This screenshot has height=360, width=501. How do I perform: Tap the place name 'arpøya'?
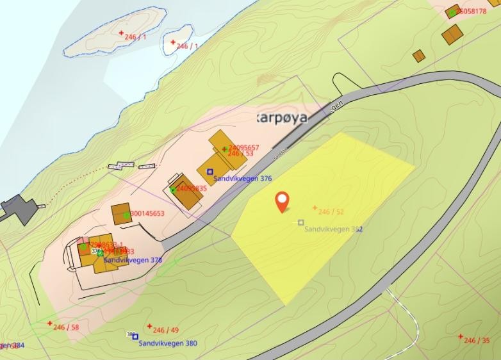(282, 118)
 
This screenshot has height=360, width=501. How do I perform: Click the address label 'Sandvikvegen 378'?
(133, 260)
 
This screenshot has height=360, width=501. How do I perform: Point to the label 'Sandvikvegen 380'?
(168, 343)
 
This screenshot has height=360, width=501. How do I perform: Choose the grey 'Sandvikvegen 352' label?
(334, 229)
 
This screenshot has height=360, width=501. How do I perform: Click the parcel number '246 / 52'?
(331, 211)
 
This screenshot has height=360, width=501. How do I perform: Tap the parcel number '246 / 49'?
(166, 330)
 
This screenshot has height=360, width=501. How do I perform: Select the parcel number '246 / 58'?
(66, 327)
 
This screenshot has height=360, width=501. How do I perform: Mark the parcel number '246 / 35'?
(477, 340)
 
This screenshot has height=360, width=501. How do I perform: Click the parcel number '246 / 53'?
(240, 154)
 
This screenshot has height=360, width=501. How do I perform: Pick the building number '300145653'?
(147, 214)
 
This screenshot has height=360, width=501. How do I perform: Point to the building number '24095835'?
(191, 188)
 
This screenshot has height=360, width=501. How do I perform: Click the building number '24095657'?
(243, 147)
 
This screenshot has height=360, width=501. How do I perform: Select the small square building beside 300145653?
(120, 214)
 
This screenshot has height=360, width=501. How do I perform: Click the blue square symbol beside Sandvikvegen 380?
(135, 336)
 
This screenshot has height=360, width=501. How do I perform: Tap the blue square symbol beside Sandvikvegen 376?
(209, 171)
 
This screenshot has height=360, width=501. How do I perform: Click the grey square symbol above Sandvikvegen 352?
(300, 222)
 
